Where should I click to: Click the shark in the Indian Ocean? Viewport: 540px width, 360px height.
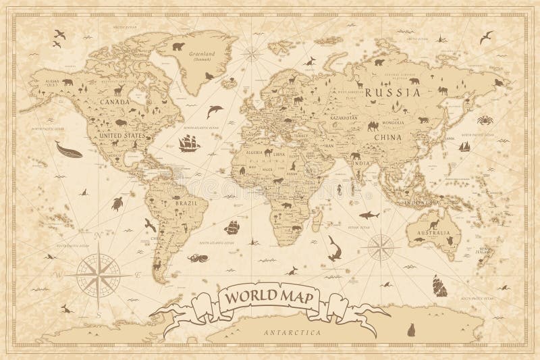[369, 214]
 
